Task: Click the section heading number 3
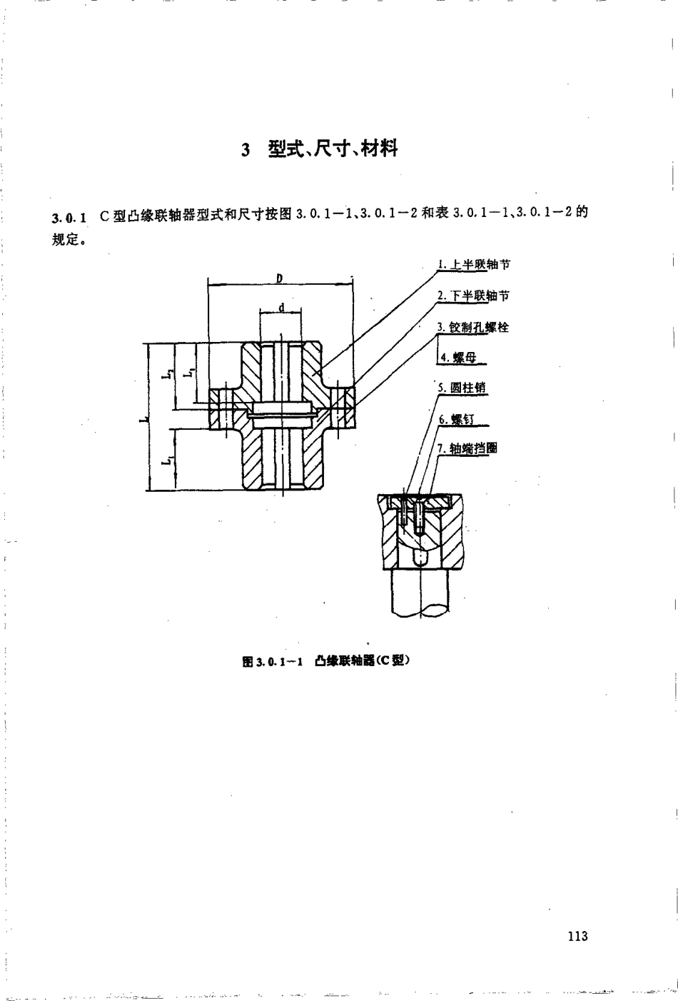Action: click(x=246, y=151)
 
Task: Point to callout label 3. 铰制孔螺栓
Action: click(x=473, y=327)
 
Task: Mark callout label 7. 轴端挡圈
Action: click(x=468, y=448)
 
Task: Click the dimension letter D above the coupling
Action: click(x=280, y=278)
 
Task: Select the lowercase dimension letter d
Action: click(x=281, y=308)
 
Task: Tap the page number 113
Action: click(x=577, y=936)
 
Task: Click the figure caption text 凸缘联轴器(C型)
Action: click(x=365, y=660)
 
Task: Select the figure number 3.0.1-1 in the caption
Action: click(x=281, y=661)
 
